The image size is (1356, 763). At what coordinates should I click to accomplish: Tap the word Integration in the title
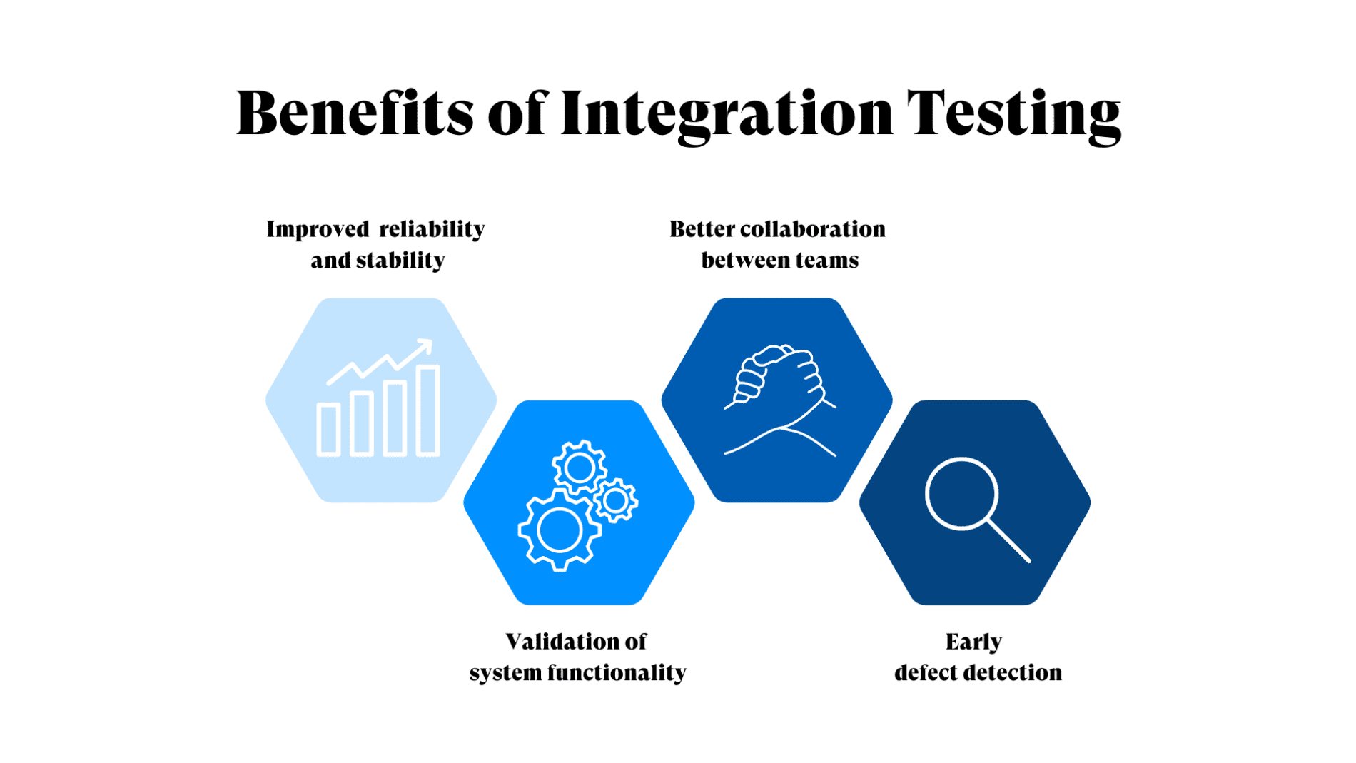(x=727, y=114)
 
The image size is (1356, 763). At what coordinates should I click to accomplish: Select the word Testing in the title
(x=1013, y=114)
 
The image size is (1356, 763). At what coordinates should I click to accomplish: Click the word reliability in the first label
(x=432, y=229)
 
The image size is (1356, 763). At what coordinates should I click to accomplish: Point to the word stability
(x=400, y=261)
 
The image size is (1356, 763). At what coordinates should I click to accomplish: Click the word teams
(x=828, y=261)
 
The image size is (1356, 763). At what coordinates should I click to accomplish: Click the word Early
(x=973, y=642)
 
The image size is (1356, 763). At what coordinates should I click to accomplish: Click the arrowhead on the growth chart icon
(x=426, y=345)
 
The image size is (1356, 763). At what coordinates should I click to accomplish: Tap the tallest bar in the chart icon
(x=428, y=410)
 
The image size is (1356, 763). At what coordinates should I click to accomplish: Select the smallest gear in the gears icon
(x=616, y=500)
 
